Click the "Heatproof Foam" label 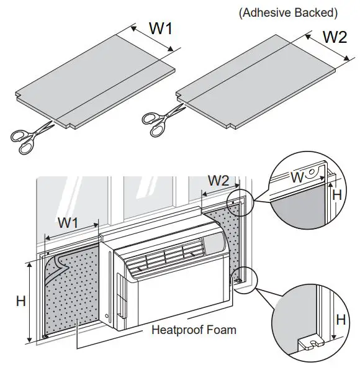tap(194, 330)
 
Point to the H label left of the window tap(20, 301)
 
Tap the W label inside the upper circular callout tap(298, 178)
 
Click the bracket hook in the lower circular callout tap(310, 343)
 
